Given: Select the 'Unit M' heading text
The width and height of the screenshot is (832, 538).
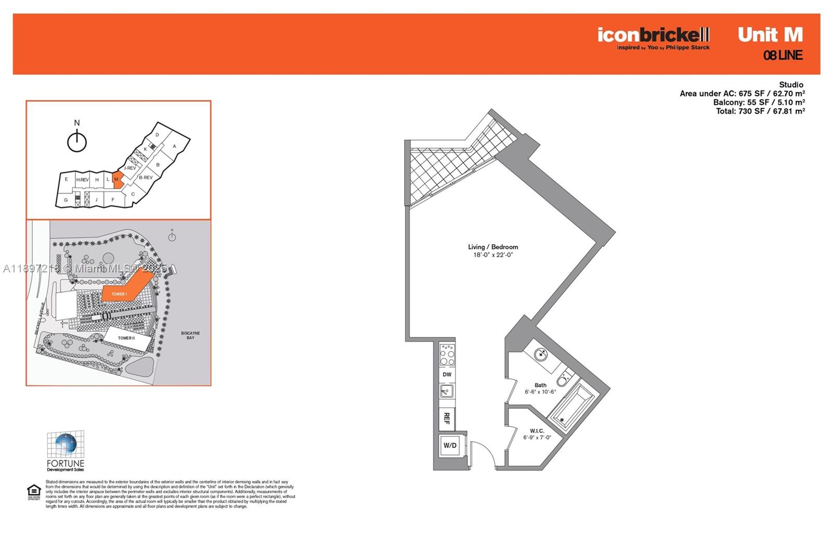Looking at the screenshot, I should (x=770, y=35).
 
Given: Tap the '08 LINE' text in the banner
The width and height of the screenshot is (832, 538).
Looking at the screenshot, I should (x=783, y=55).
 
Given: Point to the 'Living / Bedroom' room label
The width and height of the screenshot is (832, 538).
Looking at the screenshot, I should (x=493, y=247).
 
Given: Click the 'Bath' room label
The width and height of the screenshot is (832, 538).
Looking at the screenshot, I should (x=540, y=385).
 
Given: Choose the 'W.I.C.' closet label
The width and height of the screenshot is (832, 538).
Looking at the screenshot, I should (x=537, y=431).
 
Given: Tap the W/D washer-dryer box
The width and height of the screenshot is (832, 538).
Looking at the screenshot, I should (x=450, y=445).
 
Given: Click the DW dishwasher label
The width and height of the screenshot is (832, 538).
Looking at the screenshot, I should (x=447, y=374).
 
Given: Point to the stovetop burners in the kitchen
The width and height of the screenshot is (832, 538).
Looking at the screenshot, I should (x=447, y=355).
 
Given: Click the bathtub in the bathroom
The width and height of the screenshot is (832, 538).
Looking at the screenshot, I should (x=571, y=405).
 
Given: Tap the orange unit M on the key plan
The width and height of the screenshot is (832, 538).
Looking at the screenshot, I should (x=118, y=179).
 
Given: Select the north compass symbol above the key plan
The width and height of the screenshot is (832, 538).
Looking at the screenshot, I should (x=77, y=141).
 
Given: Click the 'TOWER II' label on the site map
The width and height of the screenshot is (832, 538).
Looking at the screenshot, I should (x=126, y=338).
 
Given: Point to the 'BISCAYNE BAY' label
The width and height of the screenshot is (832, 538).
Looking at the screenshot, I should (x=190, y=335).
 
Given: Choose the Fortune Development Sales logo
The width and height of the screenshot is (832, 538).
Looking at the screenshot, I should (x=66, y=451).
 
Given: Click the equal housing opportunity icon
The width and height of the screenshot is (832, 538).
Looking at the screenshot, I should (x=34, y=491).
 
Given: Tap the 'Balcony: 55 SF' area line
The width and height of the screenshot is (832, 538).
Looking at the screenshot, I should (x=759, y=102).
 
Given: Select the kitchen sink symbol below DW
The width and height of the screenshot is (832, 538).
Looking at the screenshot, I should (x=447, y=391).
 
